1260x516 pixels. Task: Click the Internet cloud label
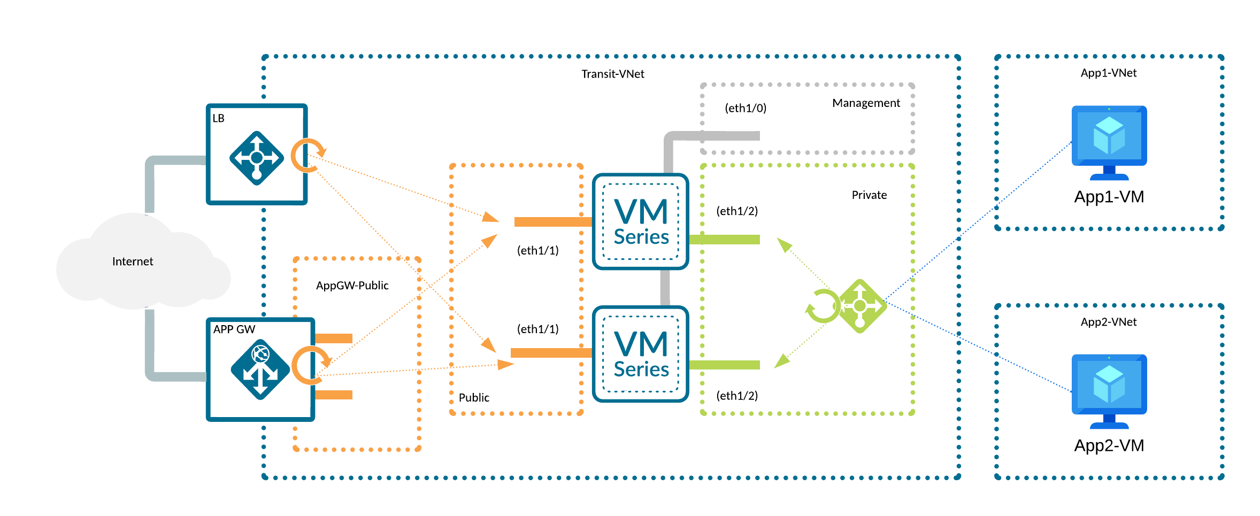click(x=133, y=261)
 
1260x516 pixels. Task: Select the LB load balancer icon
click(x=257, y=158)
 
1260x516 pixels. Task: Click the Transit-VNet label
click(x=613, y=74)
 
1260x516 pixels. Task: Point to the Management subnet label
click(x=866, y=103)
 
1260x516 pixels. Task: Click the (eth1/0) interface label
click(x=746, y=108)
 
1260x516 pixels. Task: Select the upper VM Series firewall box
click(x=641, y=221)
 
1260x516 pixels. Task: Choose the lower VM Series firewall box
click(x=641, y=354)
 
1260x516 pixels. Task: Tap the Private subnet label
click(x=869, y=195)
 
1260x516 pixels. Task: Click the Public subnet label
click(x=474, y=398)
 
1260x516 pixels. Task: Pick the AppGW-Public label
click(x=352, y=286)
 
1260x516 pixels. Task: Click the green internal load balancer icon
click(x=859, y=306)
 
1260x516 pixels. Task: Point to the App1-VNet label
click(x=1109, y=73)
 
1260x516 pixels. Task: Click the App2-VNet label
click(x=1109, y=322)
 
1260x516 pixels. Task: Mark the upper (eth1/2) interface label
click(x=737, y=211)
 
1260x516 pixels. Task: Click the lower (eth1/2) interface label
click(x=737, y=396)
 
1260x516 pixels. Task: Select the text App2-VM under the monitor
click(x=1109, y=445)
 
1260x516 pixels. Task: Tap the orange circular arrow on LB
click(x=308, y=155)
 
